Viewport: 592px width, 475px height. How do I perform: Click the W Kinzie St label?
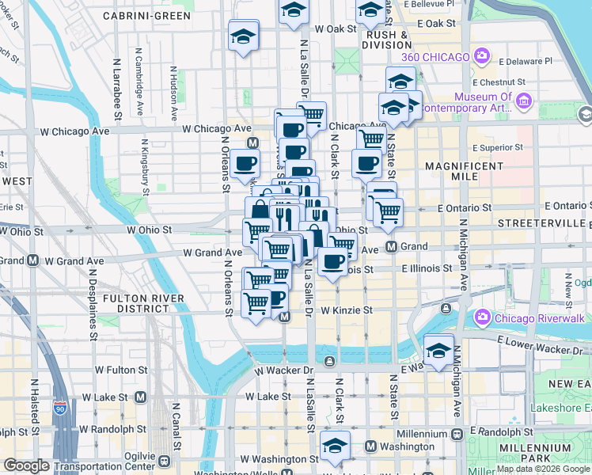coord(346,310)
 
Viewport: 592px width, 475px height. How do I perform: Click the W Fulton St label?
coord(120,369)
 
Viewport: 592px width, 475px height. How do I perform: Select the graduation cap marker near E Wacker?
coord(438,348)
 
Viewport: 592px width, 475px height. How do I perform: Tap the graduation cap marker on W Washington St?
coord(335,444)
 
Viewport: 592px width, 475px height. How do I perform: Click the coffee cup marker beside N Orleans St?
coord(245,162)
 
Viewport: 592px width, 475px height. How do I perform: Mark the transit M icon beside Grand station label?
coord(391,247)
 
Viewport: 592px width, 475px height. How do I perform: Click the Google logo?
coord(26,465)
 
